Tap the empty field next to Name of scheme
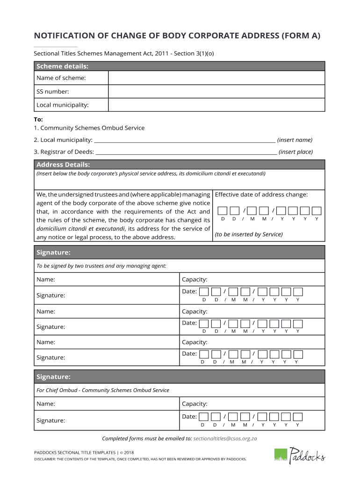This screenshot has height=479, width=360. pyautogui.click(x=216, y=78)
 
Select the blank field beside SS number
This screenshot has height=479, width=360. pyautogui.click(x=216, y=92)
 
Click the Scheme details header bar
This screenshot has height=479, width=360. pyautogui.click(x=180, y=66)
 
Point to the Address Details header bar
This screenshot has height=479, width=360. pyautogui.click(x=180, y=165)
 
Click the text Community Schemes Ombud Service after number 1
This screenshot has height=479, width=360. pyautogui.click(x=93, y=128)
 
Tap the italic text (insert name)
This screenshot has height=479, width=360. pyautogui.click(x=295, y=140)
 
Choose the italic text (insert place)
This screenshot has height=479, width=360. pyautogui.click(x=295, y=152)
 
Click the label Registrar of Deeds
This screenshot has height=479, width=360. pyautogui.click(x=67, y=152)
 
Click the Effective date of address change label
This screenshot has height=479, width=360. pyautogui.click(x=261, y=195)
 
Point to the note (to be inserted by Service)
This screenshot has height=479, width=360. pyautogui.click(x=249, y=234)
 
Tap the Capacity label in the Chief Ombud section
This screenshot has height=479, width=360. pyautogui.click(x=194, y=404)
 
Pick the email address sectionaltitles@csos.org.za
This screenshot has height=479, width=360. pyautogui.click(x=225, y=439)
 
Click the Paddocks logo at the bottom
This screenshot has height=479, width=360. pyautogui.click(x=299, y=454)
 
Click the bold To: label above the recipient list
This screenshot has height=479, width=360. pyautogui.click(x=38, y=119)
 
